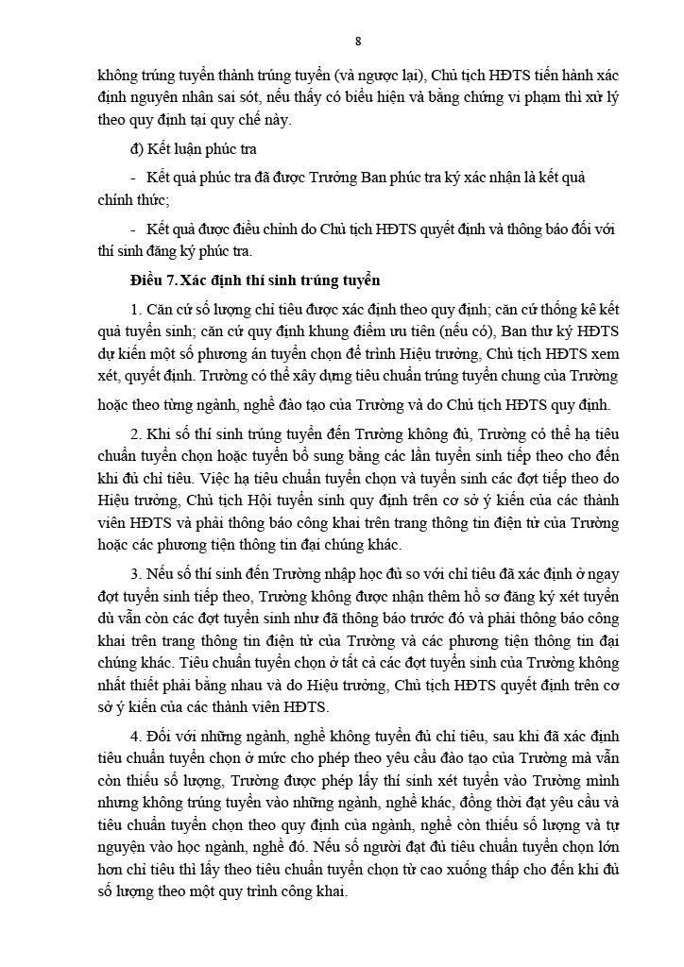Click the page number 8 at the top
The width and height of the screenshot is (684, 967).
click(x=358, y=40)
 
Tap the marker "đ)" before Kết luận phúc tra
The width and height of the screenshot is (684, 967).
click(x=138, y=149)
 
